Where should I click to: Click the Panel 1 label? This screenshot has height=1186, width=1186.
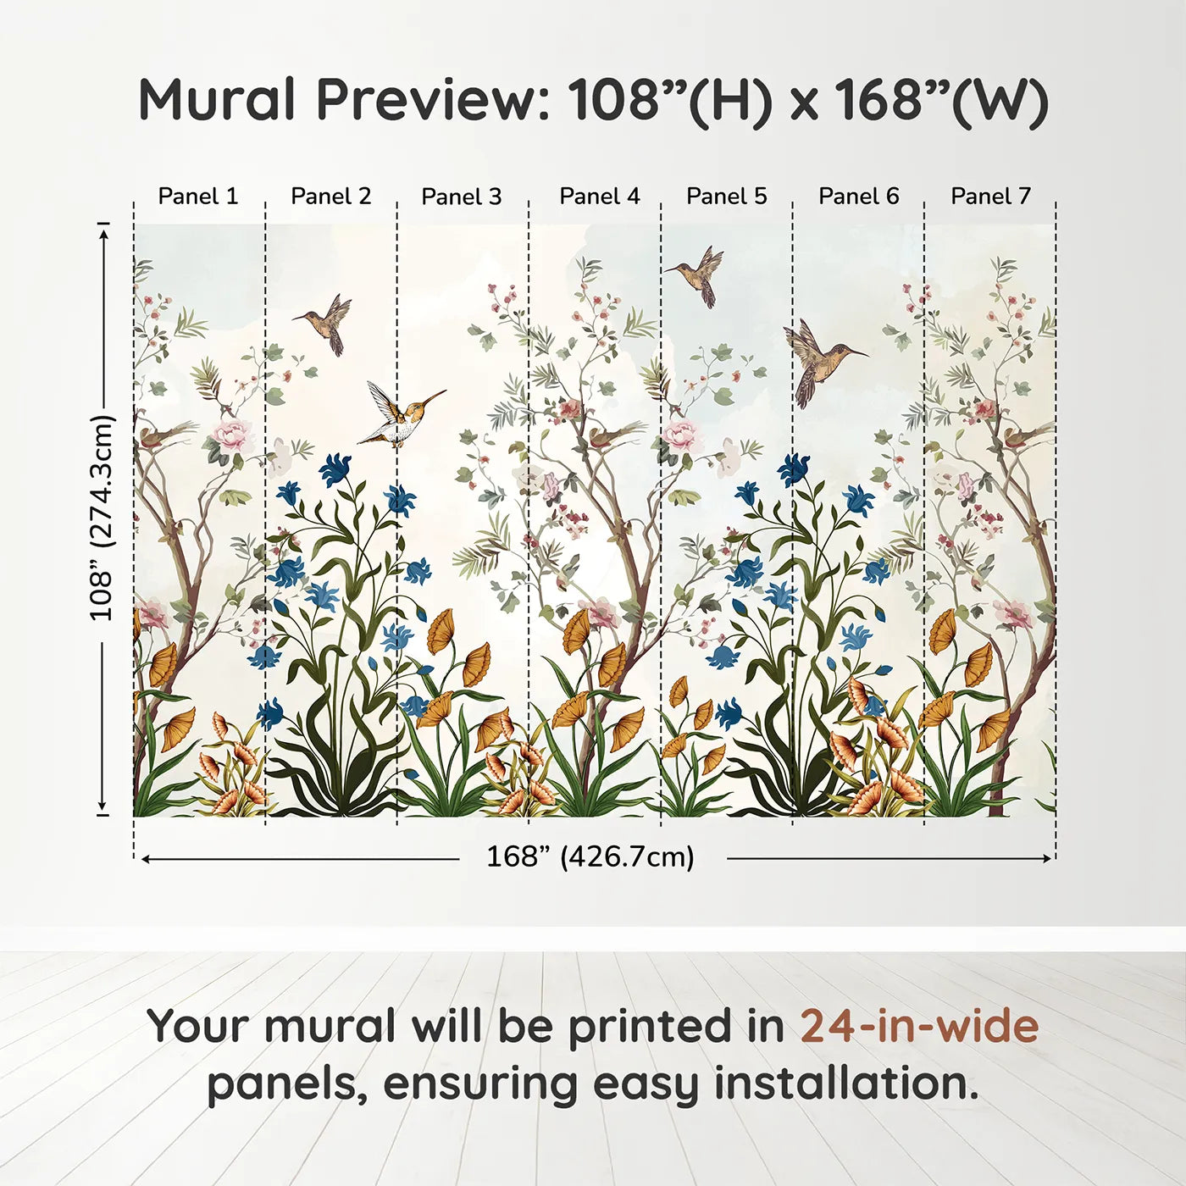198,197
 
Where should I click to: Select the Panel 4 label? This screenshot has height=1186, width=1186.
600,197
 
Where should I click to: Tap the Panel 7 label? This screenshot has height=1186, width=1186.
990,197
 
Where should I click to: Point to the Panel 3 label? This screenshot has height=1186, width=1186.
462,197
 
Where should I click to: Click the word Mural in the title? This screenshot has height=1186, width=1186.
217,100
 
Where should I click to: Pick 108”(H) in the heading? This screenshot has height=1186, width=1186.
670,101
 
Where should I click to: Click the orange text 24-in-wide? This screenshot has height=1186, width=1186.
919,1026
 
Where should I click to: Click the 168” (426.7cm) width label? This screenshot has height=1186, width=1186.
590,857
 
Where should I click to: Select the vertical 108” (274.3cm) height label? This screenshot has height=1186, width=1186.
102,518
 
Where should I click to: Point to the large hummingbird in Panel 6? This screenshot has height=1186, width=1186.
817,360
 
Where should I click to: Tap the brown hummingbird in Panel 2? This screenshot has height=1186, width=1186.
326,322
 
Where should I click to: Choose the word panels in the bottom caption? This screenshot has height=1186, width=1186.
286,1085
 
